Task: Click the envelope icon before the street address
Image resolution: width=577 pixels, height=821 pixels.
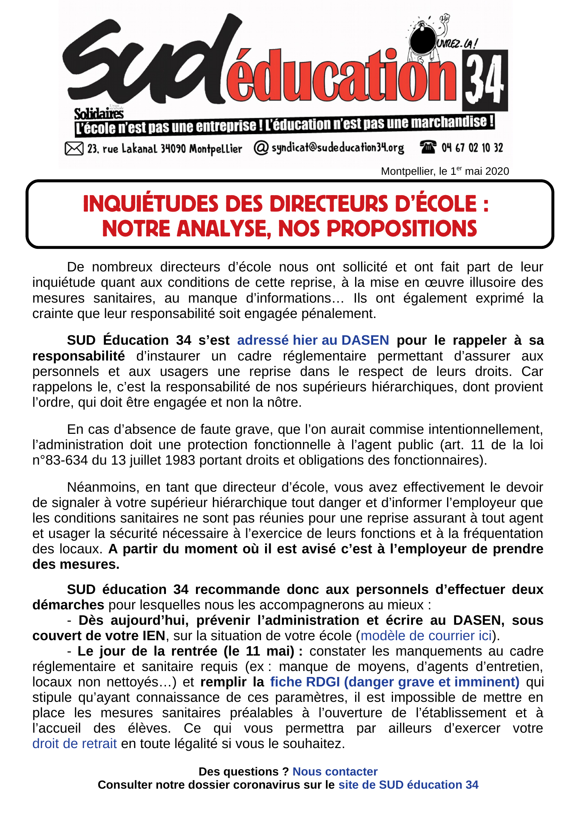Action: coord(74,148)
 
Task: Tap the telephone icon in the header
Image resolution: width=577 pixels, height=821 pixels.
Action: coord(428,147)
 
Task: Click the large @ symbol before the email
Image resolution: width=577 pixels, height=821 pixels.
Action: coord(261,148)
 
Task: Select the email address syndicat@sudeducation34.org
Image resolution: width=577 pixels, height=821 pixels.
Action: coord(338,148)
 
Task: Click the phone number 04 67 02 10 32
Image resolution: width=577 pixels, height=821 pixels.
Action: coord(472,148)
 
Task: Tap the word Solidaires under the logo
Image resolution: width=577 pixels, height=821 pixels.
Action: coord(99,114)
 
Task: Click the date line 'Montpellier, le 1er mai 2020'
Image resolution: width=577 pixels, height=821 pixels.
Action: coord(445,171)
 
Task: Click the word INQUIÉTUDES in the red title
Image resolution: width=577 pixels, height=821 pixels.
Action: coord(150,204)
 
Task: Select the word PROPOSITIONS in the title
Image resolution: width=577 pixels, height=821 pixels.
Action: coord(402,229)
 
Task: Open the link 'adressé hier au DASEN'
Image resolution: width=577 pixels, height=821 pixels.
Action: coord(313,340)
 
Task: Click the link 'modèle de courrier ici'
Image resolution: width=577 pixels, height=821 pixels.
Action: coord(426,636)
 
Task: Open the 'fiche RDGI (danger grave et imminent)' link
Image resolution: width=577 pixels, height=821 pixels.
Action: coord(395,682)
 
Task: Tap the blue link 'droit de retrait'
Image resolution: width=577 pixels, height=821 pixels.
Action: coord(74,744)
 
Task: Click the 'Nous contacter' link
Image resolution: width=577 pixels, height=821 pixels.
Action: coord(335,772)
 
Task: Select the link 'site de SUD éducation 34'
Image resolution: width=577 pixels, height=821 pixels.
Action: coord(408,785)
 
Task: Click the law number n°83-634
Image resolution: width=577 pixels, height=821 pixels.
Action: coord(60,460)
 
